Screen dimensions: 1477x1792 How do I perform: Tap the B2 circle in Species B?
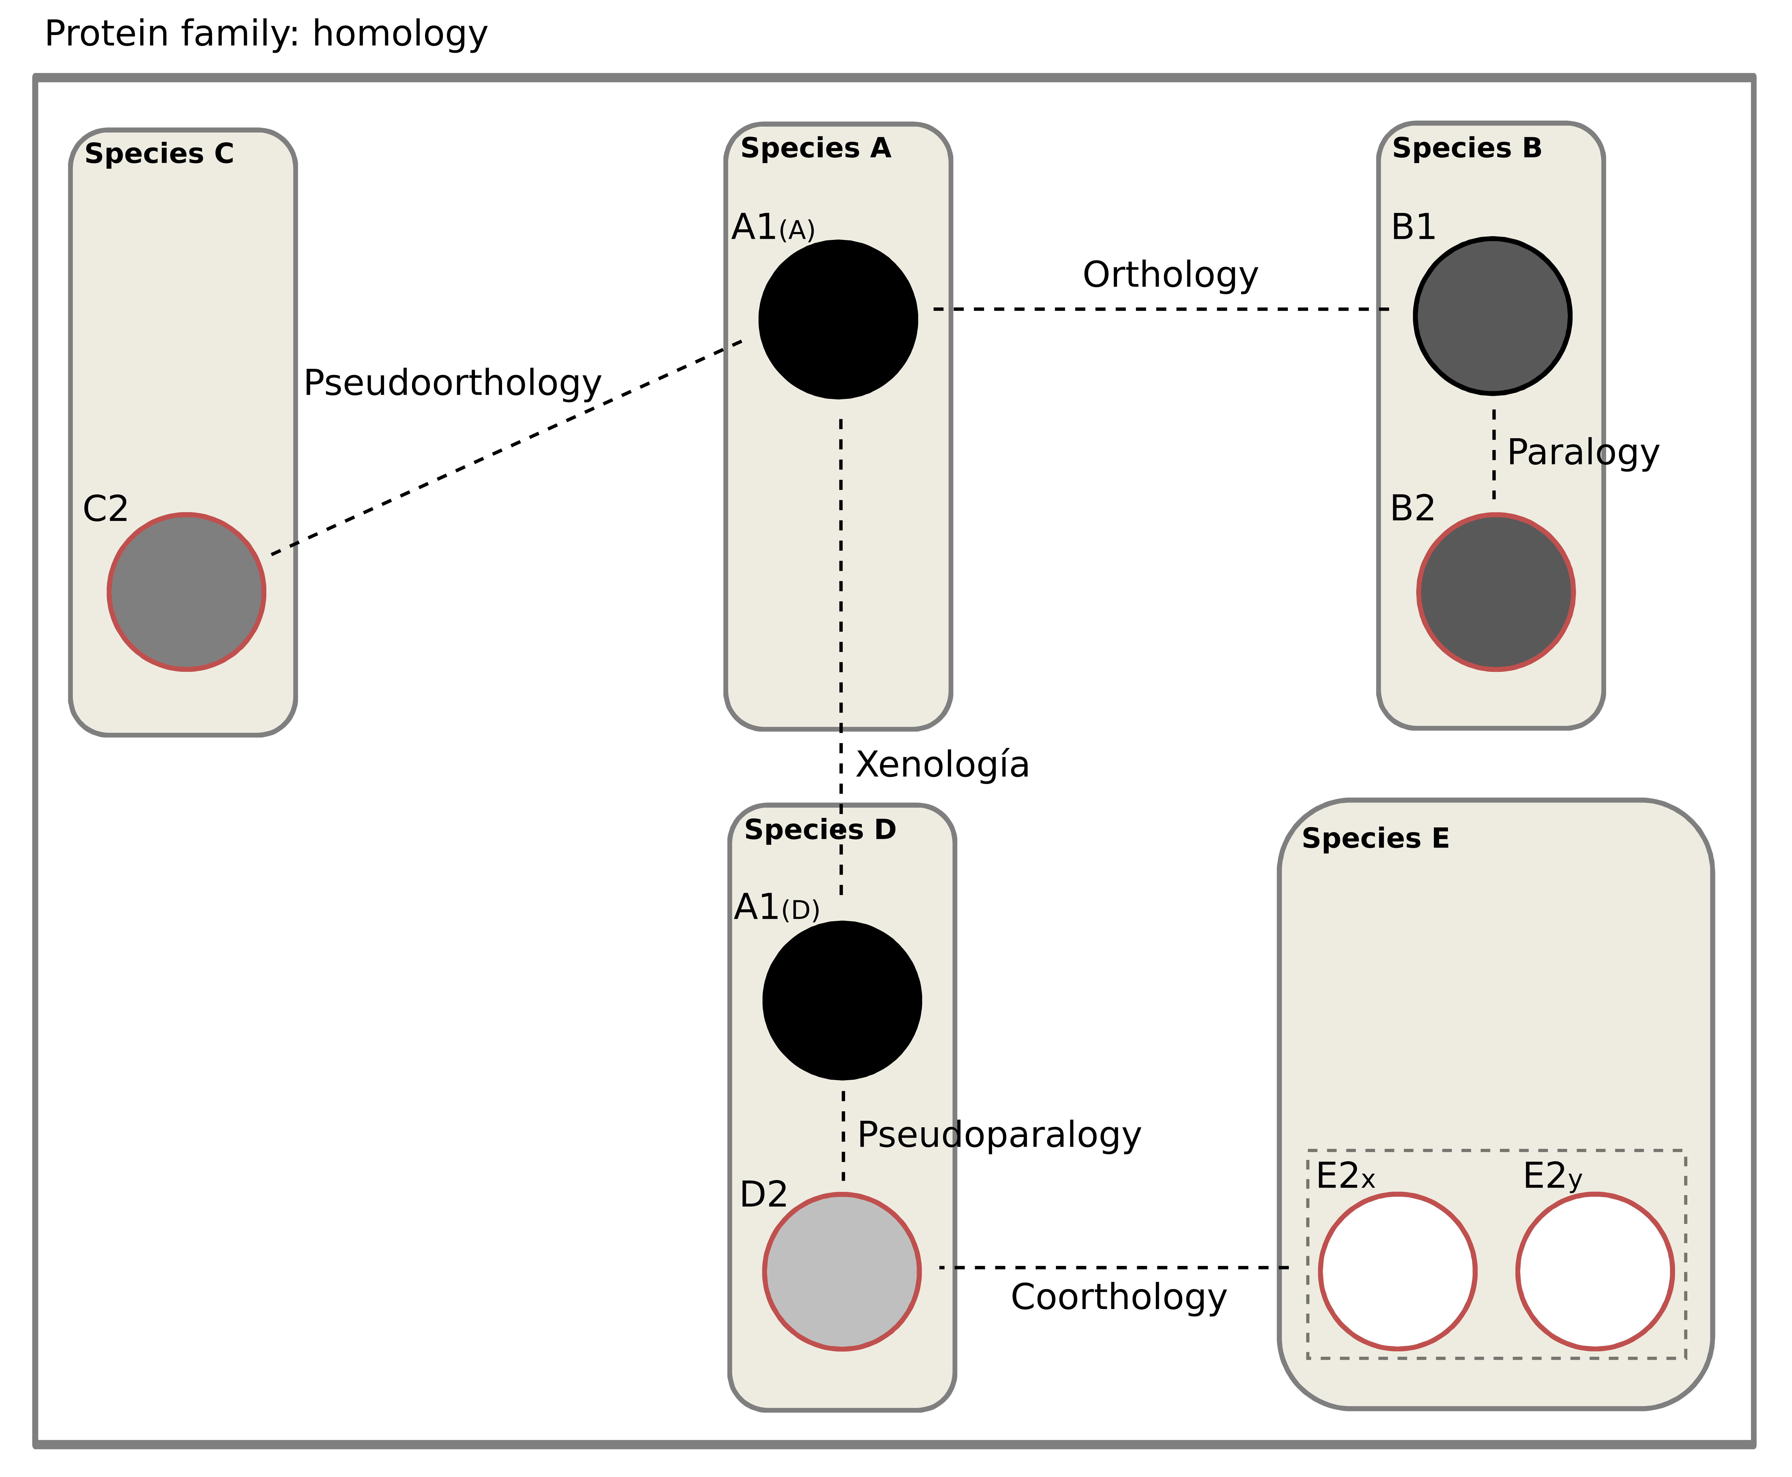point(1495,592)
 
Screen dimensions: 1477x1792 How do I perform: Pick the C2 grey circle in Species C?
point(186,592)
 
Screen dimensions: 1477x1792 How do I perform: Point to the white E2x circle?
point(1397,1272)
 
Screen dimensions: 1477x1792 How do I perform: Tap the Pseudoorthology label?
point(452,384)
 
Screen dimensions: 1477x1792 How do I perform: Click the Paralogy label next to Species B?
point(1583,453)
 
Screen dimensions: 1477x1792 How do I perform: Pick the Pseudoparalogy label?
point(999,1135)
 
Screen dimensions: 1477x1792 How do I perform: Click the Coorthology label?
point(1118,1298)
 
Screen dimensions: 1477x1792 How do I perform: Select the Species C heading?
point(159,154)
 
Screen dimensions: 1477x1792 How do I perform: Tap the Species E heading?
point(1375,839)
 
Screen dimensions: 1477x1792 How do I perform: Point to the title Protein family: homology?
point(266,34)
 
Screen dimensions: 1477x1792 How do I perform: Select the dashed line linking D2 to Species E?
point(1114,1268)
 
